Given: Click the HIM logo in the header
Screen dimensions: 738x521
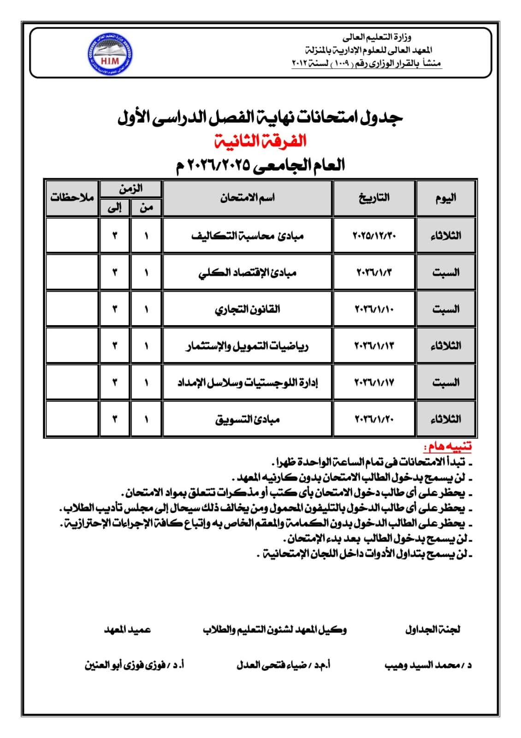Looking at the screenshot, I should coord(109,54).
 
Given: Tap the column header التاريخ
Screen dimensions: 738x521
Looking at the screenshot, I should coord(374,198).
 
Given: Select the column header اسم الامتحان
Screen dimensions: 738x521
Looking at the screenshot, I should coord(248,198).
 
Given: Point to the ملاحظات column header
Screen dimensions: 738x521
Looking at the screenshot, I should coord(72,198).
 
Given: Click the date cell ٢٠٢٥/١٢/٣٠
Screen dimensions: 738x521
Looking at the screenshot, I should coord(374,235).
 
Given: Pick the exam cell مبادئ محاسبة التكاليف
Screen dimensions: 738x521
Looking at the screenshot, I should coord(248,236).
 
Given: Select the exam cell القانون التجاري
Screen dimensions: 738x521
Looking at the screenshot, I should coord(248,309).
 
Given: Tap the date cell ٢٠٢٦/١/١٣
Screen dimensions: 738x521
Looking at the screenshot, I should coord(374,345).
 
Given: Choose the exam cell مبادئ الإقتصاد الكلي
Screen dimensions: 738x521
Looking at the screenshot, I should coord(248,272).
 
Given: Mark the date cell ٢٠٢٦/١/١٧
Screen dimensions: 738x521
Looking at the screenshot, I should coord(374,382).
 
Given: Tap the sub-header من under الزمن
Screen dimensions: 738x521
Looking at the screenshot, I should coord(146,208).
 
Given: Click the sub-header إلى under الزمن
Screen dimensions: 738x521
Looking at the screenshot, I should coord(114,208).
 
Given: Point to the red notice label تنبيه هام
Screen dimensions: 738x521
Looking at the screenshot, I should coord(448,446).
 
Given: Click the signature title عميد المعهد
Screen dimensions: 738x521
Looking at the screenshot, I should coord(127,629).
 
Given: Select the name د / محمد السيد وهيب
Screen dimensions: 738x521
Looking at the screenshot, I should coord(428,665).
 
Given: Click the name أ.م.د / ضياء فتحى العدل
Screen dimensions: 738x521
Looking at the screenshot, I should coord(283,665).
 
